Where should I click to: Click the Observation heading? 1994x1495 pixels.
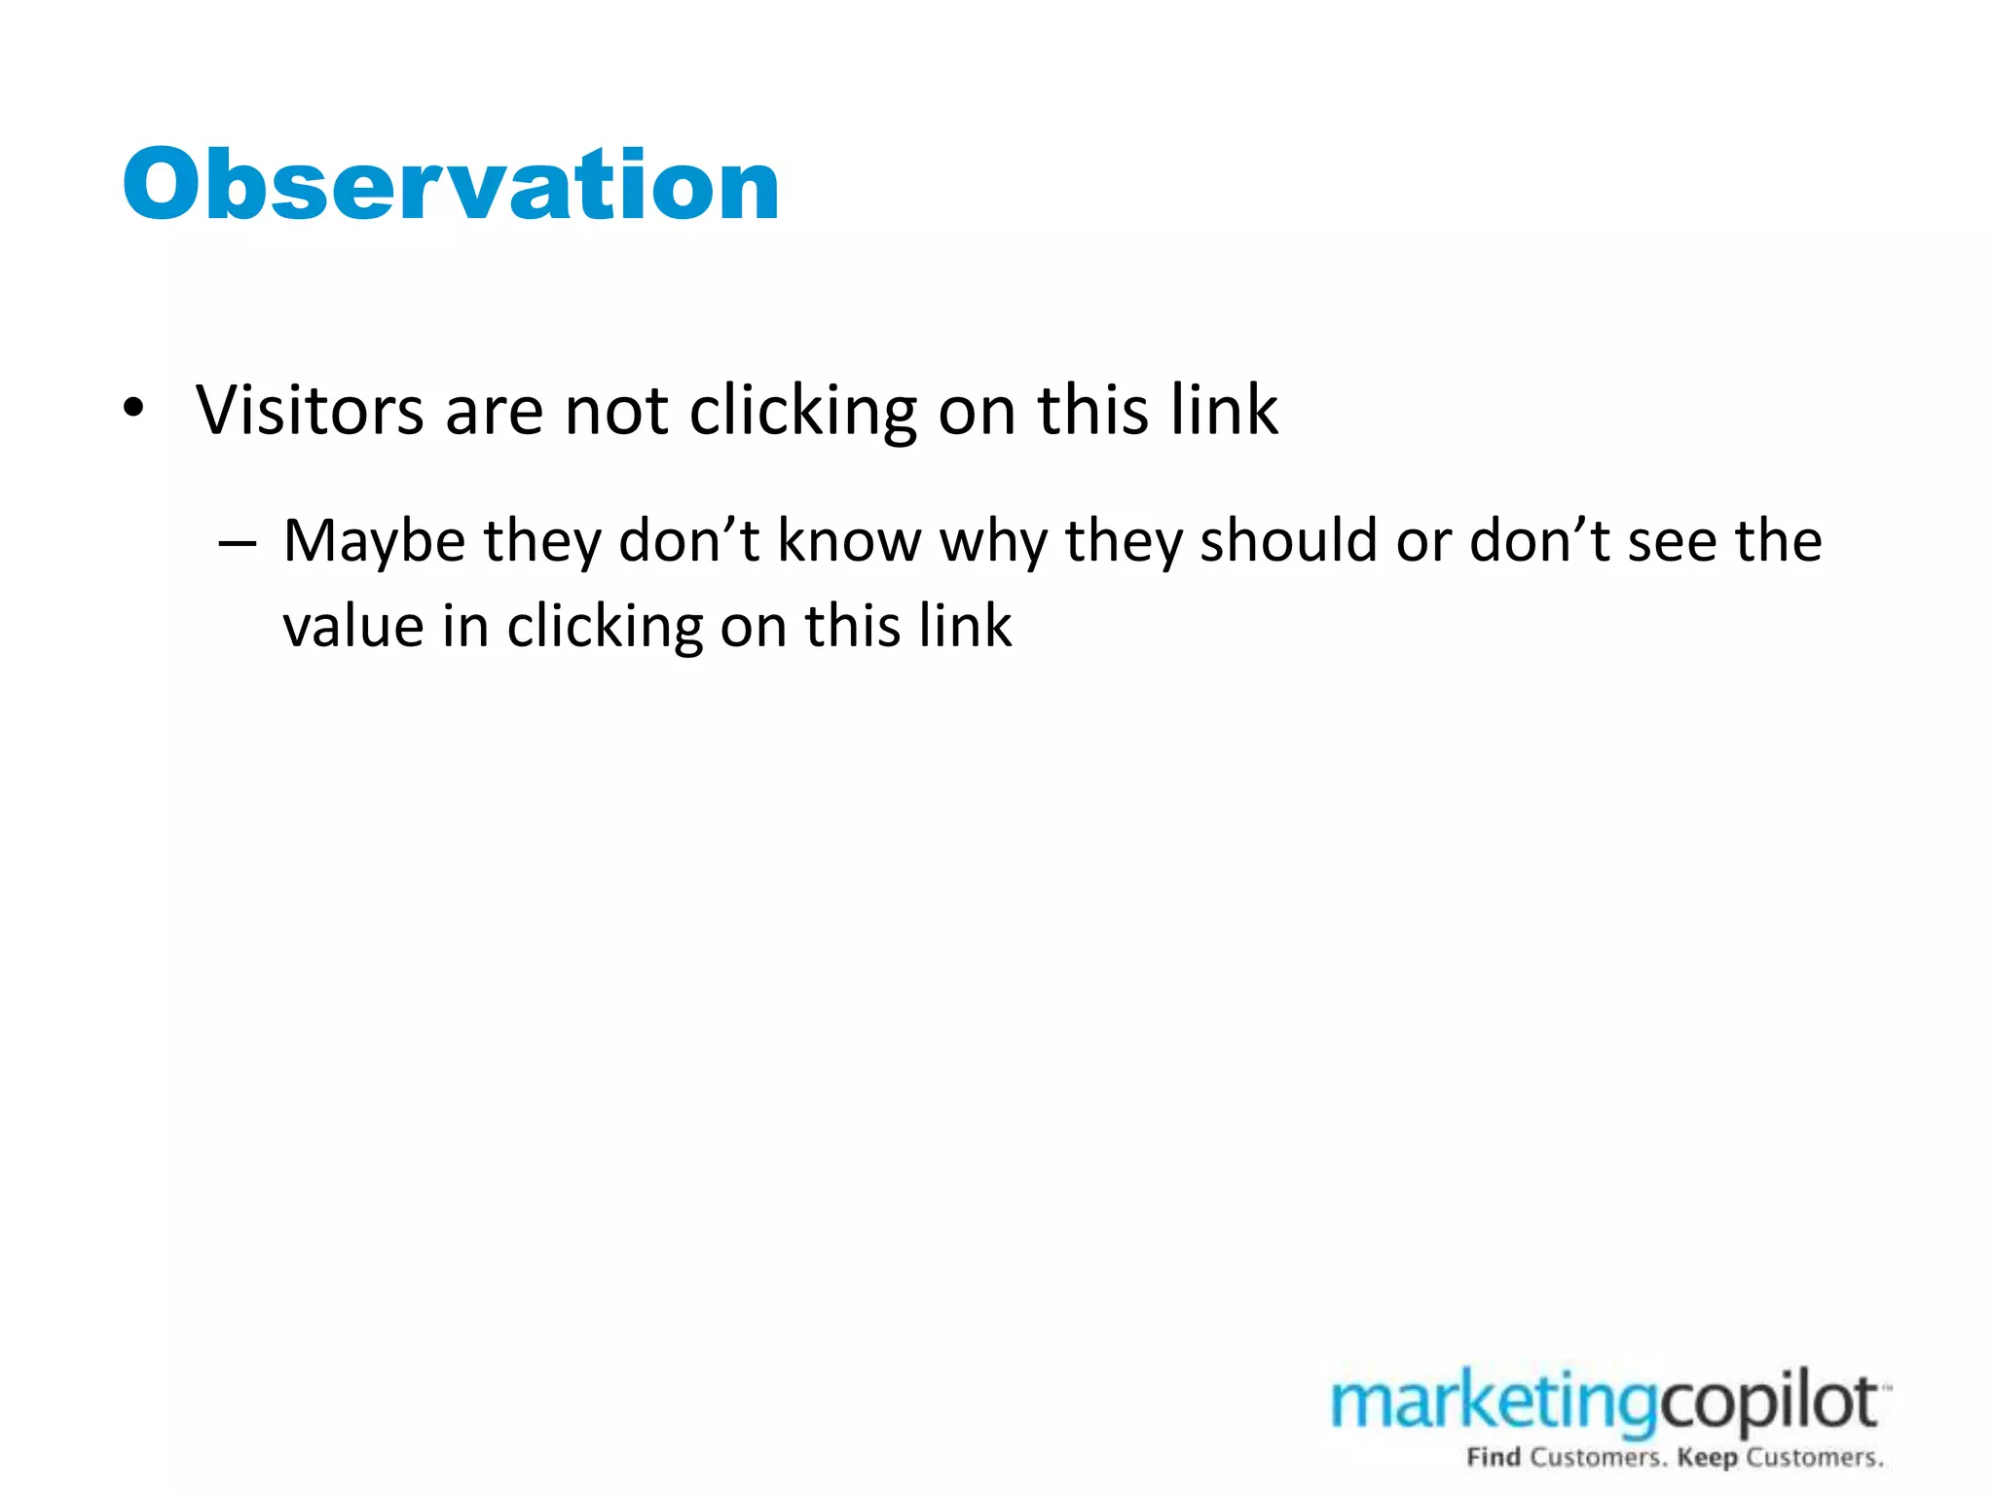(451, 185)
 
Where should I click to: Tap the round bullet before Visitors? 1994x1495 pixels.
(134, 408)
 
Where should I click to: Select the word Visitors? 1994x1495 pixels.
(310, 410)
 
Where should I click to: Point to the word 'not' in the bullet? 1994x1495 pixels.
(616, 411)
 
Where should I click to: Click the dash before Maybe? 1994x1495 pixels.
(237, 541)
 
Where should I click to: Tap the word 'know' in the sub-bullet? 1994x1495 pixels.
(849, 541)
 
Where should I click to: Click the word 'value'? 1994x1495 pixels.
(353, 626)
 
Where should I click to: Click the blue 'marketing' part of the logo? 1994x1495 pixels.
(1494, 1405)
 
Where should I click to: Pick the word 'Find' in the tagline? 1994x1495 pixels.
(1494, 1458)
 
